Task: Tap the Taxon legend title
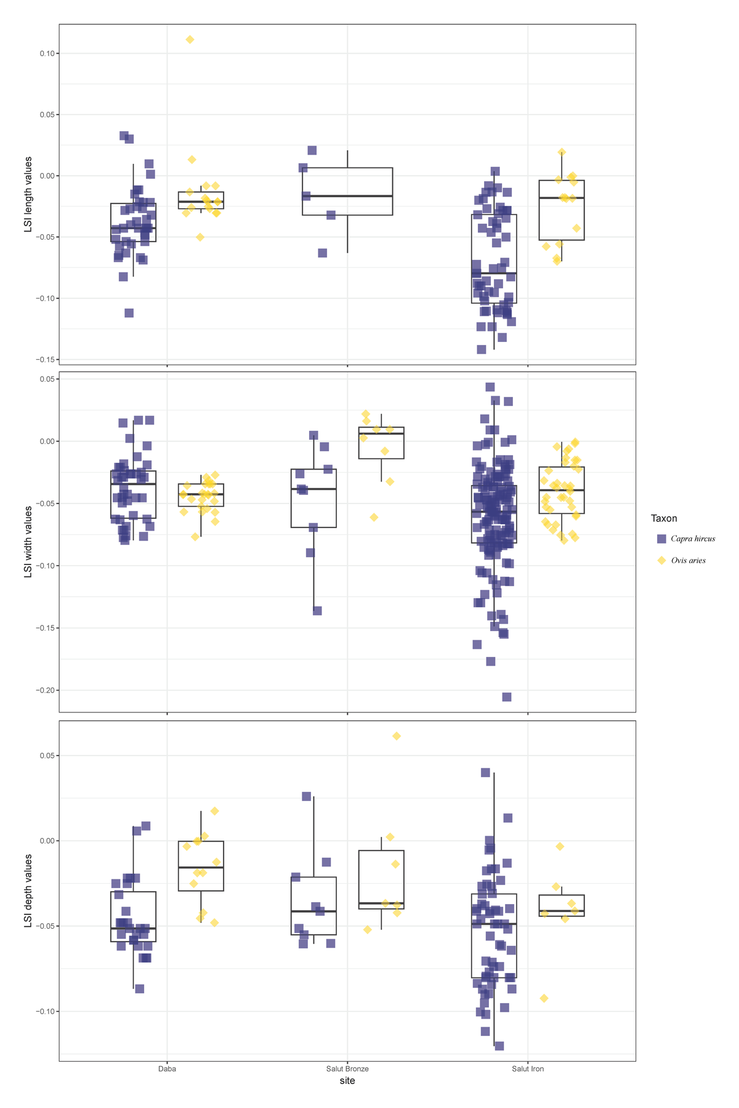point(664,518)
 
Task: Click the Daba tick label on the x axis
point(167,1069)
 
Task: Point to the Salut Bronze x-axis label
point(347,1069)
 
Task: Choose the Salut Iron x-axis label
point(528,1069)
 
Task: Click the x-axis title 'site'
point(347,1081)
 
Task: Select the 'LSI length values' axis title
point(28,194)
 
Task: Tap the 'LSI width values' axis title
point(28,542)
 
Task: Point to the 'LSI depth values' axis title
point(28,890)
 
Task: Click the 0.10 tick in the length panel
point(47,54)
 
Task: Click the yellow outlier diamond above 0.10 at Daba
point(190,39)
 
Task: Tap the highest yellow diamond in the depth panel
point(397,736)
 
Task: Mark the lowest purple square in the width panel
point(507,697)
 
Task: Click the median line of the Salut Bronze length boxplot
point(347,196)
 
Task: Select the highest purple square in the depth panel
point(485,773)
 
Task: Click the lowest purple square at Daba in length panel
point(129,313)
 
